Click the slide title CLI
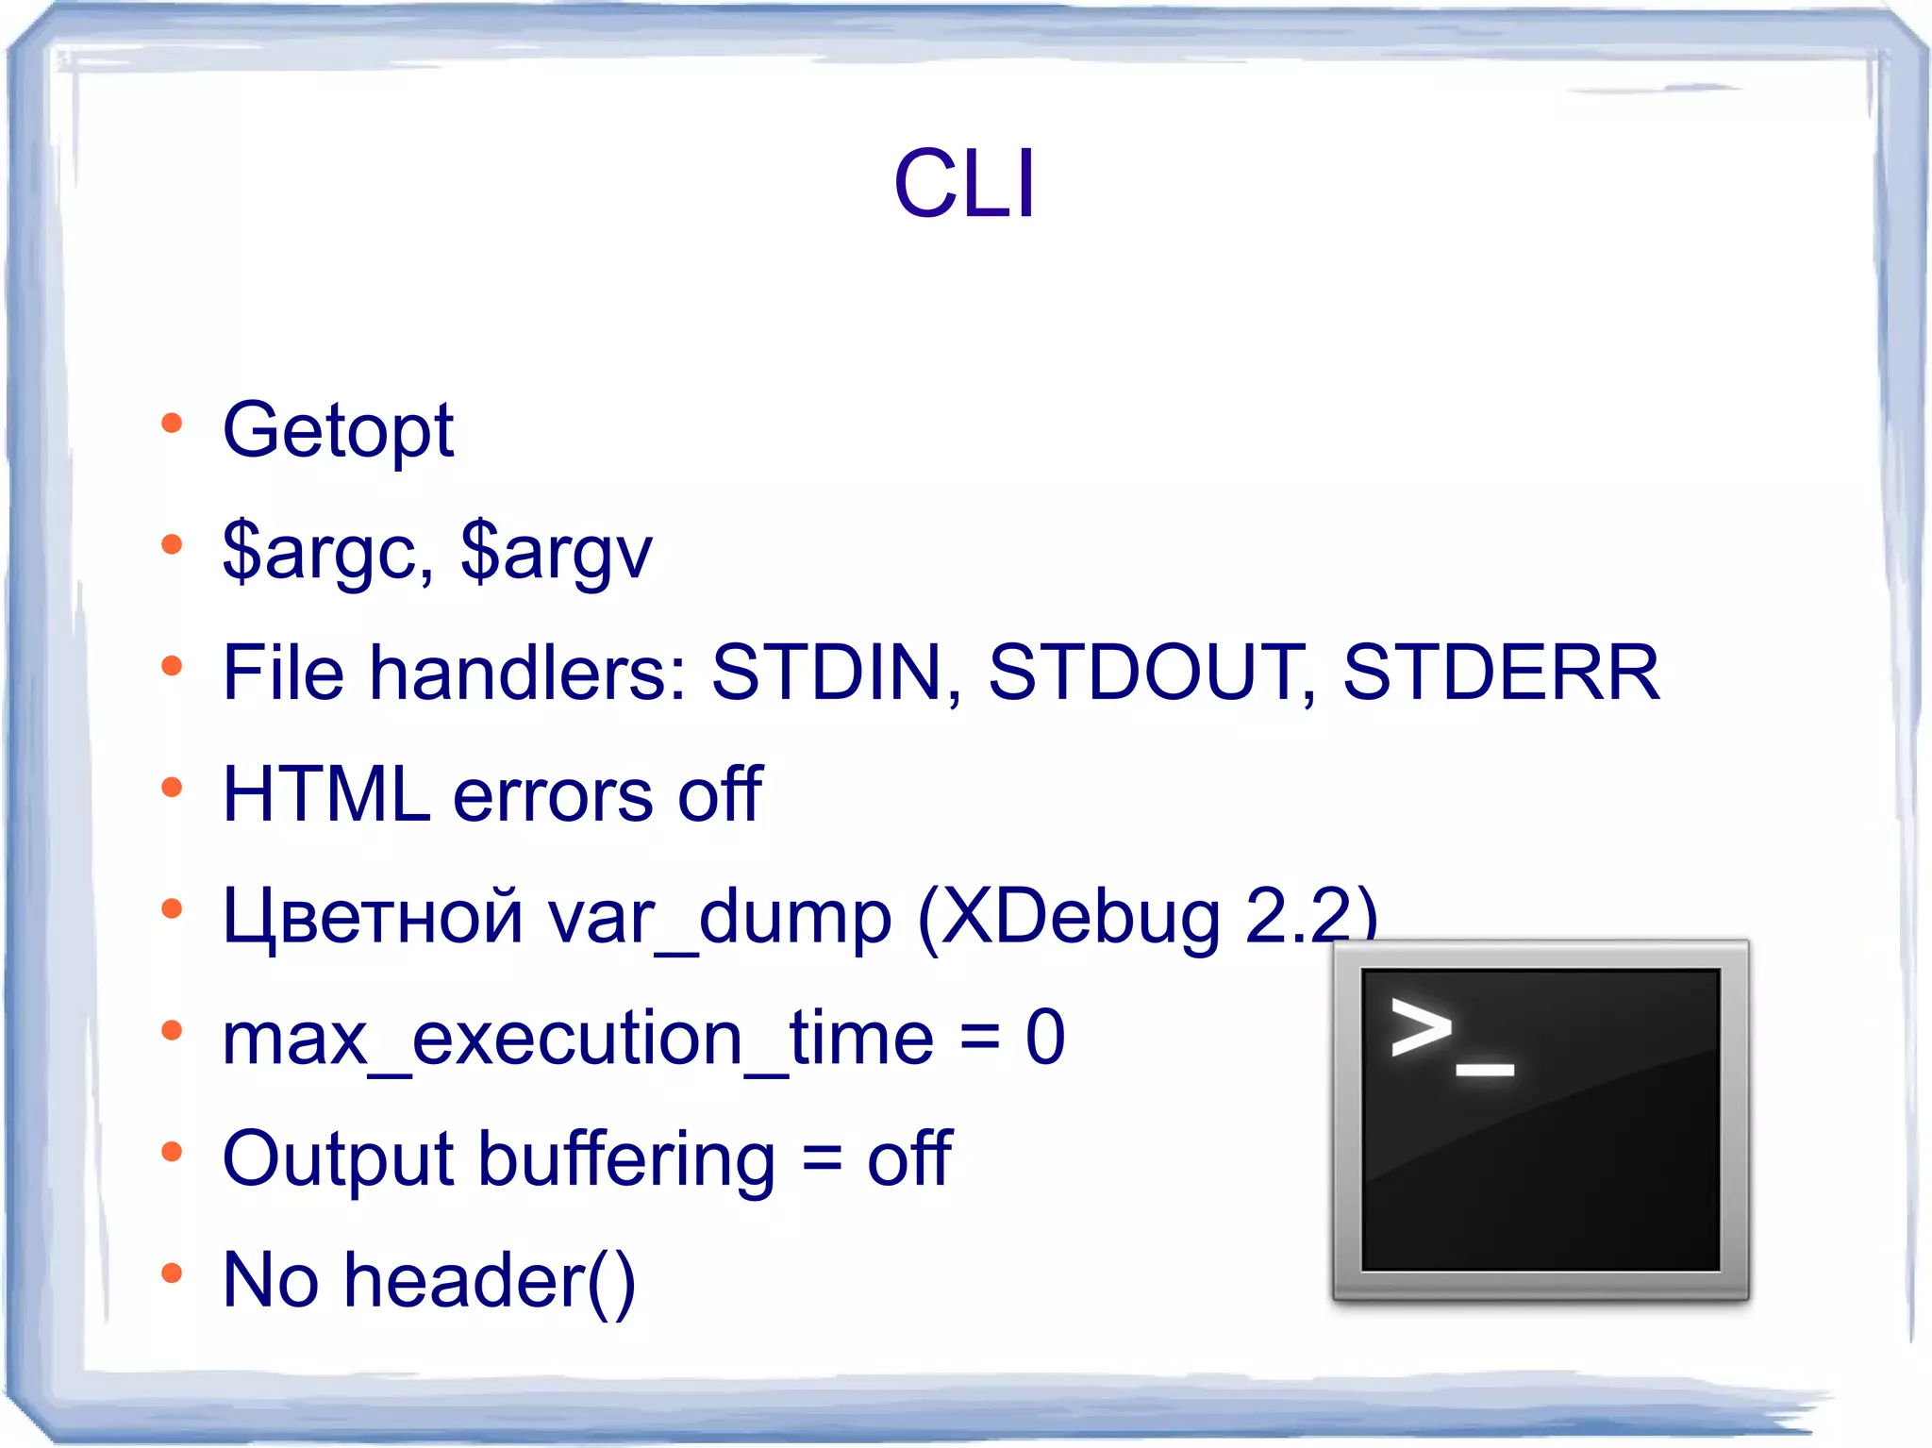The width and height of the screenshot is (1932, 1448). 964,184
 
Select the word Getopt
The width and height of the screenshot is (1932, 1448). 338,431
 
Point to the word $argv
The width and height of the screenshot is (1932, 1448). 557,553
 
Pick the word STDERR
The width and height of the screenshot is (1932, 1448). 1501,674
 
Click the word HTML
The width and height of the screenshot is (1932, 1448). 325,795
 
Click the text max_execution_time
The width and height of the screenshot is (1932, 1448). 577,1039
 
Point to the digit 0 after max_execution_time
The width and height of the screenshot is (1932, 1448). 1045,1039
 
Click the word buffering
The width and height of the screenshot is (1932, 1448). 626,1159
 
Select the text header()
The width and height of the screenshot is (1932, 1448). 490,1281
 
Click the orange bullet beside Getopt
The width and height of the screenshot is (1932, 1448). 172,423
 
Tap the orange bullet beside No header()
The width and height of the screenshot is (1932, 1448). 172,1273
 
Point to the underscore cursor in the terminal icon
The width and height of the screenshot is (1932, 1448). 1485,1069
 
